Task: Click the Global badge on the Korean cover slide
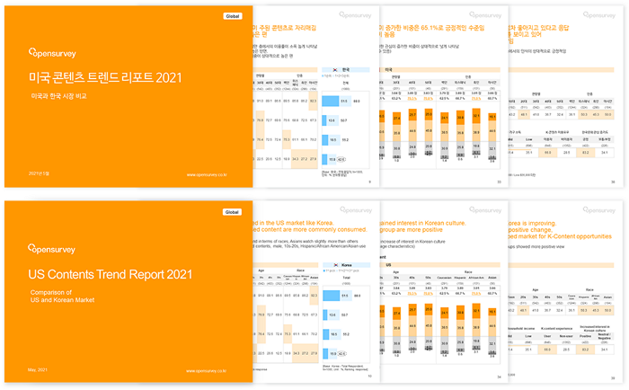[232, 16]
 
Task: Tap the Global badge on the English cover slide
[232, 212]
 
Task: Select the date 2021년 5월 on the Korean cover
[41, 174]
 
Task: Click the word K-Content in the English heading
[565, 235]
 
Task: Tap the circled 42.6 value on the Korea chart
[342, 159]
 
